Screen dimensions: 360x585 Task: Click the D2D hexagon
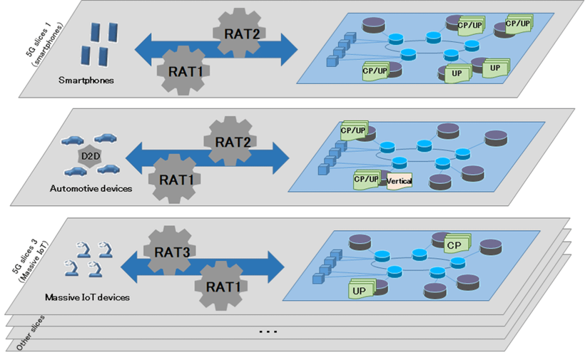click(86, 155)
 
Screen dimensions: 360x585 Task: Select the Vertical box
click(400, 182)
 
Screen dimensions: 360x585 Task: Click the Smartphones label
click(86, 80)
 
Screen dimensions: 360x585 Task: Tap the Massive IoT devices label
click(87, 297)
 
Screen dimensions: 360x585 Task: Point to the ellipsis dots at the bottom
click(268, 331)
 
